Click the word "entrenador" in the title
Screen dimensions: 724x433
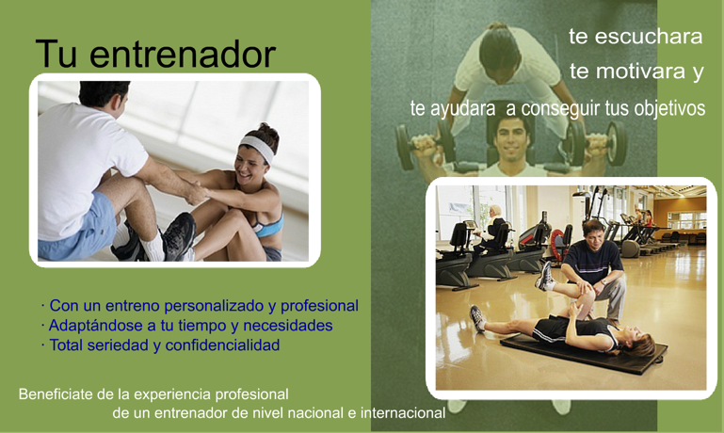tap(183, 55)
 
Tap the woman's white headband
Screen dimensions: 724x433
tap(258, 147)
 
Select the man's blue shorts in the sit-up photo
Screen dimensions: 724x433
tap(78, 230)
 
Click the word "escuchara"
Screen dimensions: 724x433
tap(649, 37)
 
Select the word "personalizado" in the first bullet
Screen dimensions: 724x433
tap(219, 306)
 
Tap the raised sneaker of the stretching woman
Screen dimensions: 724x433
tap(545, 276)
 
